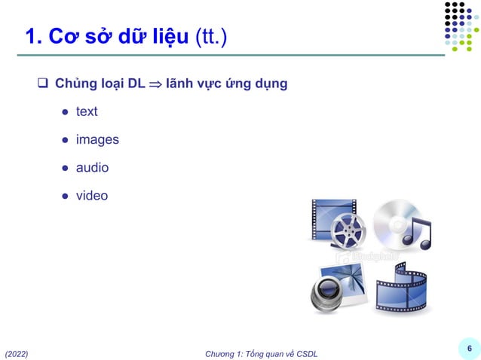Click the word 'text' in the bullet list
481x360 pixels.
87,111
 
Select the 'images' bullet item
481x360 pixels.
97,139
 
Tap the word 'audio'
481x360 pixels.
92,167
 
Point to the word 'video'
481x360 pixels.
92,196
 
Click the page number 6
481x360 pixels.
469,348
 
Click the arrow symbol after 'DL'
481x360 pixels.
155,84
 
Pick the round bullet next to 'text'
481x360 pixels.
66,112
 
